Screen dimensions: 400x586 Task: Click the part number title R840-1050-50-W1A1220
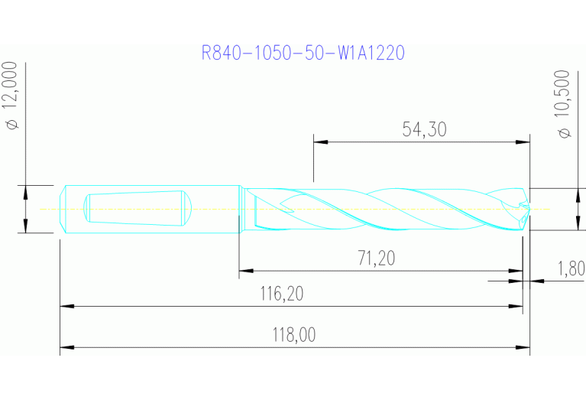click(303, 53)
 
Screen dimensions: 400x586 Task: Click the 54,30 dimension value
click(424, 130)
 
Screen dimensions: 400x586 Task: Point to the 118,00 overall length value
click(293, 335)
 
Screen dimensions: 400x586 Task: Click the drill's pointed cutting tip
click(526, 208)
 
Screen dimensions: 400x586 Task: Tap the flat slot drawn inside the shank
click(136, 208)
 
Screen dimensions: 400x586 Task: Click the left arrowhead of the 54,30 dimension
click(319, 141)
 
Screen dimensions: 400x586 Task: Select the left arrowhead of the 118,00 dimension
click(66, 348)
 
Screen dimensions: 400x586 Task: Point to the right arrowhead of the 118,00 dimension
click(523, 348)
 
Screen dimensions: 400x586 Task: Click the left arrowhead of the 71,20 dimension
click(245, 270)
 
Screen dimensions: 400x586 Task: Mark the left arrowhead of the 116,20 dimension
click(66, 306)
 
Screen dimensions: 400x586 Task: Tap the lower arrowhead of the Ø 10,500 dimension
click(575, 223)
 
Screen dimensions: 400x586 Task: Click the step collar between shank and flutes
click(241, 208)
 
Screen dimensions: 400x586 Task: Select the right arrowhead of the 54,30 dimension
click(523, 141)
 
